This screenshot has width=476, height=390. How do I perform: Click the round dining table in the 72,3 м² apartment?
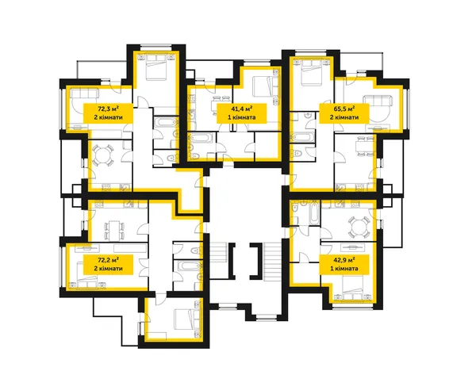[102, 155]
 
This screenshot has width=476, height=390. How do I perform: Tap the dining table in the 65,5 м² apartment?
[362, 147]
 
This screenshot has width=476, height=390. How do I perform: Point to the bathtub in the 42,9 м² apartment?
[314, 213]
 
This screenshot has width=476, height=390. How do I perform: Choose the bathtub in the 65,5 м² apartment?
[303, 137]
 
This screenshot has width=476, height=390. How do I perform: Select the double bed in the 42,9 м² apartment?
[353, 288]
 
